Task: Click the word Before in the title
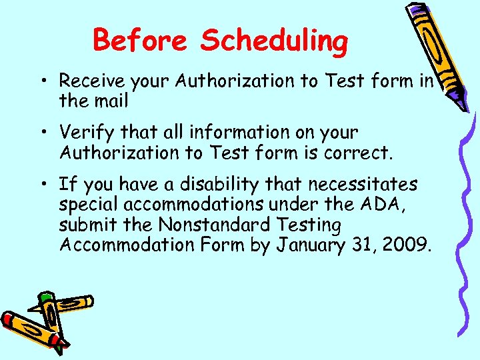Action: point(142,41)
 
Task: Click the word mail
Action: point(110,101)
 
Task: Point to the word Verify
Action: point(83,133)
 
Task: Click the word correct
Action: point(359,153)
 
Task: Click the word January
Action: point(316,245)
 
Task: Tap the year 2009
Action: point(407,245)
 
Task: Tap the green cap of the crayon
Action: point(45,299)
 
